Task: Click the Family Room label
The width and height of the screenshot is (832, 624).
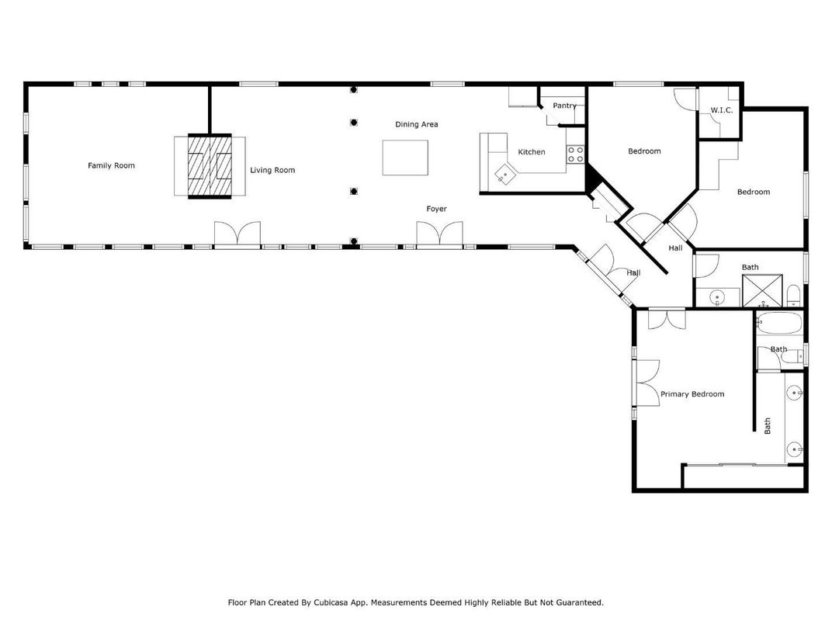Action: [x=111, y=165]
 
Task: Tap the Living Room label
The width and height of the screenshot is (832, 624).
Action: [x=272, y=170]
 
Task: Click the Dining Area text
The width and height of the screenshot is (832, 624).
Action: [x=417, y=124]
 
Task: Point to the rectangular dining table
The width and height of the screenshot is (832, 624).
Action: [x=405, y=158]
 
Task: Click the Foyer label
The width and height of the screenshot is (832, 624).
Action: [x=436, y=209]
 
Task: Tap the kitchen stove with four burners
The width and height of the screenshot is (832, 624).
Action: [x=575, y=154]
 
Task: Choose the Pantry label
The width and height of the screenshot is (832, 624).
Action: [x=564, y=106]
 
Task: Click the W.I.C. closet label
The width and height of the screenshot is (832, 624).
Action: [x=721, y=110]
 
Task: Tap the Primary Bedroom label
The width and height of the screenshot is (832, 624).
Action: [x=692, y=394]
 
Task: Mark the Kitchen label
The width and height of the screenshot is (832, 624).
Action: [x=532, y=152]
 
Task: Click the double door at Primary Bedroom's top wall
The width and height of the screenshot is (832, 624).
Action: [x=667, y=318]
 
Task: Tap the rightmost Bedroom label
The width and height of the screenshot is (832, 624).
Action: [x=753, y=192]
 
